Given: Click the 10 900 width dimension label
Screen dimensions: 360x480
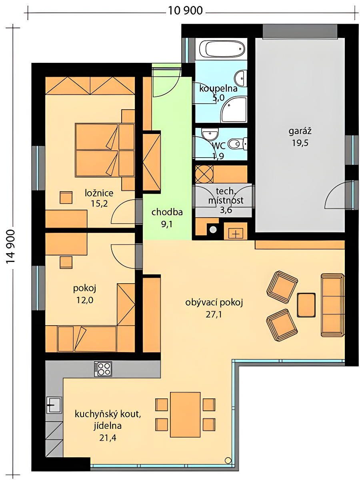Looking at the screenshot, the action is point(185,11).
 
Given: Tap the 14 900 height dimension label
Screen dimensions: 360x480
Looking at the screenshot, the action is point(10,247).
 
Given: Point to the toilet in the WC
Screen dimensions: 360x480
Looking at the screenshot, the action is point(237,144).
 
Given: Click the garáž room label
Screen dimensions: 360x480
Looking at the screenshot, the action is point(300,131).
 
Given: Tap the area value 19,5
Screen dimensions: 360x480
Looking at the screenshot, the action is point(300,143).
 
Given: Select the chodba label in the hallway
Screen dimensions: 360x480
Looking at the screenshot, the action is point(167,212).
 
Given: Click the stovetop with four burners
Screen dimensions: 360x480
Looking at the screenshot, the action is point(103,369).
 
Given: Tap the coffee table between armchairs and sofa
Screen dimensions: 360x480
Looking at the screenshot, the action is point(306,305).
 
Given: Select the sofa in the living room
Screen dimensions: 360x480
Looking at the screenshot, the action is point(332,305).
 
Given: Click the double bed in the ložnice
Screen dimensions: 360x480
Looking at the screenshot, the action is point(105,150).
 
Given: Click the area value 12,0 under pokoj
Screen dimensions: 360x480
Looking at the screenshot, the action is point(84,300).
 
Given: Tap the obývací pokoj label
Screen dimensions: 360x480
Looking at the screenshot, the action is point(214,303).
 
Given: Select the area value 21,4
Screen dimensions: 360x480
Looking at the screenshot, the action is point(108,438).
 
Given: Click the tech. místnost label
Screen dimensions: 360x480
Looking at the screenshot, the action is point(226,196).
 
